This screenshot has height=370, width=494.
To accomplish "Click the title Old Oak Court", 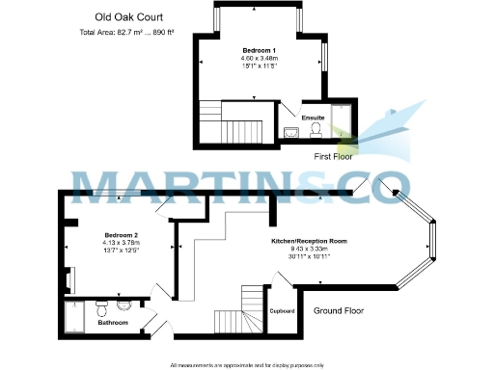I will pyautogui.click(x=123, y=16).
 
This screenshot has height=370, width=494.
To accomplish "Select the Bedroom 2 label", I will pyautogui.click(x=123, y=235).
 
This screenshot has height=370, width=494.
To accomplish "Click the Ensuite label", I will pyautogui.click(x=313, y=118).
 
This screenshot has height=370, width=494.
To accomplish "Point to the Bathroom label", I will pyautogui.click(x=113, y=323).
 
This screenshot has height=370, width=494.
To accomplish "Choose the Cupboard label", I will pyautogui.click(x=282, y=311).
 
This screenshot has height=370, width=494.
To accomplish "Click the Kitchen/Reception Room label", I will pyautogui.click(x=309, y=239).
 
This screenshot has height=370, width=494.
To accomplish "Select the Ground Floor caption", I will pyautogui.click(x=339, y=311).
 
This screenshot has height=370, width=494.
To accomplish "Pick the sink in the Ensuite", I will pyautogui.click(x=292, y=134).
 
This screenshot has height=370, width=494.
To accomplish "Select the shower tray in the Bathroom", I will pyautogui.click(x=75, y=315).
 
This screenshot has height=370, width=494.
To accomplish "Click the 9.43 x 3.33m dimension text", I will pyautogui.click(x=309, y=248).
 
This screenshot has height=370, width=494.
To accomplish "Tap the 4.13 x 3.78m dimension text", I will pyautogui.click(x=123, y=244).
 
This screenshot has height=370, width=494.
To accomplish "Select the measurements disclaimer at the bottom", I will pyautogui.click(x=247, y=364).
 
